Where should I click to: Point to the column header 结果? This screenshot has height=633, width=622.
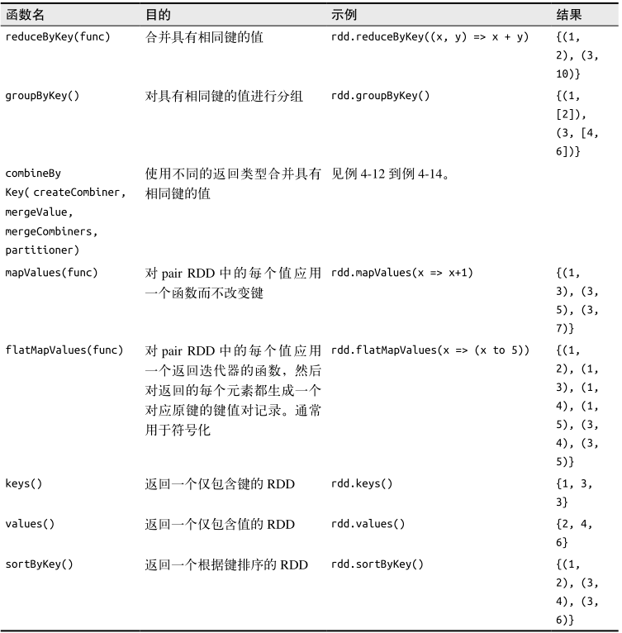pyautogui.click(x=569, y=15)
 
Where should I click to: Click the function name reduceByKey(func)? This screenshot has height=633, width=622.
pyautogui.click(x=58, y=37)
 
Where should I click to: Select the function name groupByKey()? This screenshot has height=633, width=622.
pyautogui.click(x=42, y=96)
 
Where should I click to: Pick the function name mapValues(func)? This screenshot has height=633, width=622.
pyautogui.click(x=51, y=273)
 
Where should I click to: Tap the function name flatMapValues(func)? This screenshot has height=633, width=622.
pyautogui.click(x=64, y=350)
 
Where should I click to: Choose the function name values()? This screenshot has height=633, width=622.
pyautogui.click(x=30, y=524)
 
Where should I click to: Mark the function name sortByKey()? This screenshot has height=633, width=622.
pyautogui.click(x=39, y=564)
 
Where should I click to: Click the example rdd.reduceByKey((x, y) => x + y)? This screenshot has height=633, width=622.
pyautogui.click(x=430, y=37)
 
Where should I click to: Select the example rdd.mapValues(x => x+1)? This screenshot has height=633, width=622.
pyautogui.click(x=401, y=273)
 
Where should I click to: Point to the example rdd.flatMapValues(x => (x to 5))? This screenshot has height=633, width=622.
pyautogui.click(x=430, y=350)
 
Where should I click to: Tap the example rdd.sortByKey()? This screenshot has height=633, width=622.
pyautogui.click(x=377, y=564)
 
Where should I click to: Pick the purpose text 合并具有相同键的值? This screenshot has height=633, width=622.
pyautogui.click(x=204, y=37)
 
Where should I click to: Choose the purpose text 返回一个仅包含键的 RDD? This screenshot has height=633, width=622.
pyautogui.click(x=220, y=483)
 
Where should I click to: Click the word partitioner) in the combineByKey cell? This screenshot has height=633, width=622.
pyautogui.click(x=42, y=250)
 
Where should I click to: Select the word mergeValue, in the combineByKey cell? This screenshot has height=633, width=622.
pyautogui.click(x=39, y=212)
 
